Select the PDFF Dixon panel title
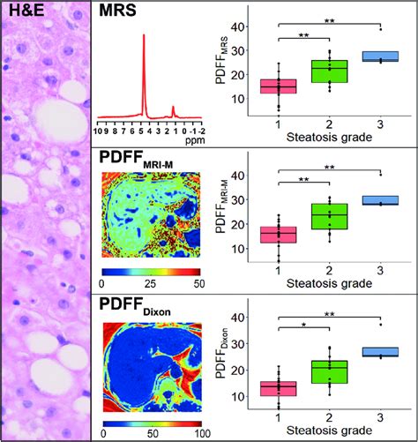tap(134, 308)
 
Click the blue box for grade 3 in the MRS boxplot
tap(381, 56)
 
